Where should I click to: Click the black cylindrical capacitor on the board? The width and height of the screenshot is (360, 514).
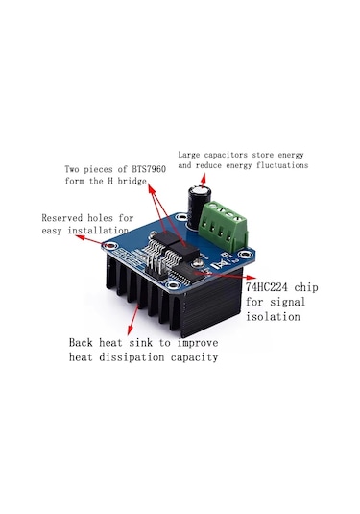(200, 206)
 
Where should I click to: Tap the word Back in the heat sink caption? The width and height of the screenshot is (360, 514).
(84, 342)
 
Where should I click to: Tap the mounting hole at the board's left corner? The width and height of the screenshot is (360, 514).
(107, 247)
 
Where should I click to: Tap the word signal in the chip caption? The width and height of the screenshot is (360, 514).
(280, 305)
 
